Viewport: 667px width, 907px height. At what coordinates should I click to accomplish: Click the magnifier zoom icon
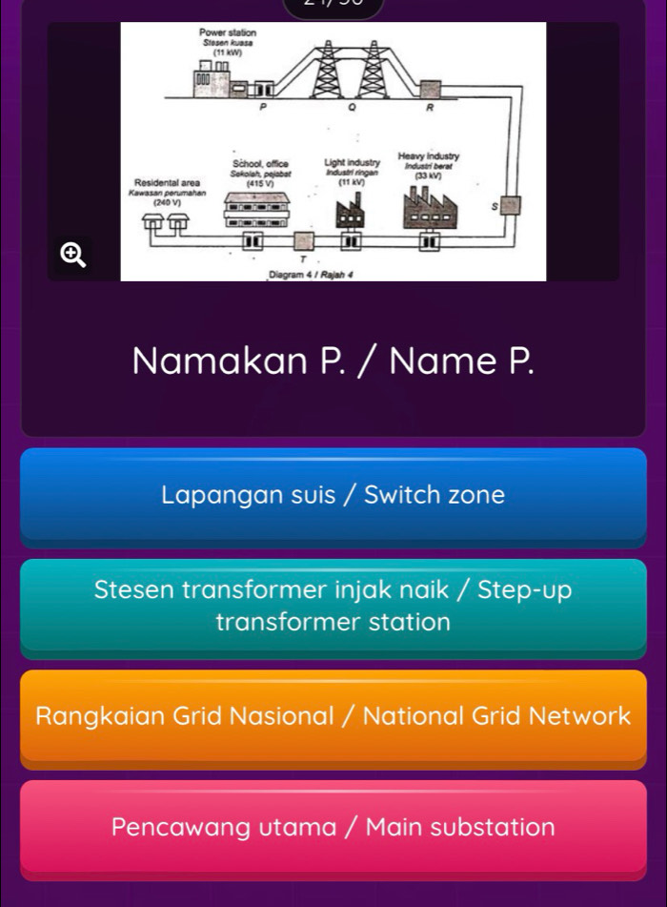pos(72,254)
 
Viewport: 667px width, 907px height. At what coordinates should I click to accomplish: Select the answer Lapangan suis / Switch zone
pos(333,496)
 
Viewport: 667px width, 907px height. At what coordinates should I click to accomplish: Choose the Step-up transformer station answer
pos(333,607)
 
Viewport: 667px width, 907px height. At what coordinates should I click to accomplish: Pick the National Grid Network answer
pos(333,716)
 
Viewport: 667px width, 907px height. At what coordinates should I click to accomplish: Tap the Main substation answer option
pos(333,826)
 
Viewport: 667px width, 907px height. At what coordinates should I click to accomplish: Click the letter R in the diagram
pos(429,110)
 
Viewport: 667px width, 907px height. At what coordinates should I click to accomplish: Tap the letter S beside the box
pos(494,206)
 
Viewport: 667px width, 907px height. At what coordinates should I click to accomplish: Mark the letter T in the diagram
pos(303,259)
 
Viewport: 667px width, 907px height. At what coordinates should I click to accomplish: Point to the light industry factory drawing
pos(351,209)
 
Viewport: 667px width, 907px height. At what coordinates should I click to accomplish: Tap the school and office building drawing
pos(255,207)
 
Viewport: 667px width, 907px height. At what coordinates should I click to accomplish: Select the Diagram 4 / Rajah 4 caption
pos(306,275)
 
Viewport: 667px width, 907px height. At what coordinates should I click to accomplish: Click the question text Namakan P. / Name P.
pos(333,361)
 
